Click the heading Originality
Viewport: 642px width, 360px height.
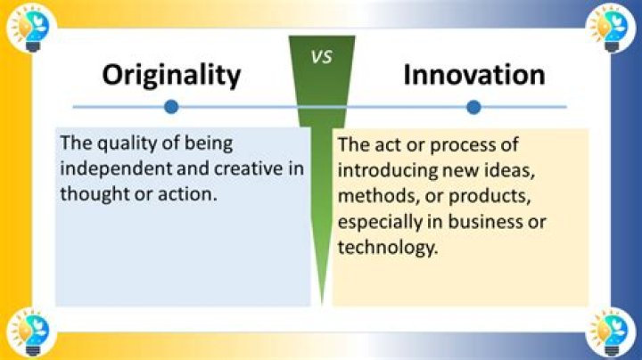point(171,75)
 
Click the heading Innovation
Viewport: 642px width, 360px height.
point(473,75)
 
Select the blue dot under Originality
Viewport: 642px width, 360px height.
point(171,107)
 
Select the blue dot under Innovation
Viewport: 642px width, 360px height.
point(473,107)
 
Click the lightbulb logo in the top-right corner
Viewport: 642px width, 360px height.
point(613,26)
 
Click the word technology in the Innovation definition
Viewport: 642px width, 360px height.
point(388,247)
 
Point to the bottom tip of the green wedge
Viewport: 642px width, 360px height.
point(322,303)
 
